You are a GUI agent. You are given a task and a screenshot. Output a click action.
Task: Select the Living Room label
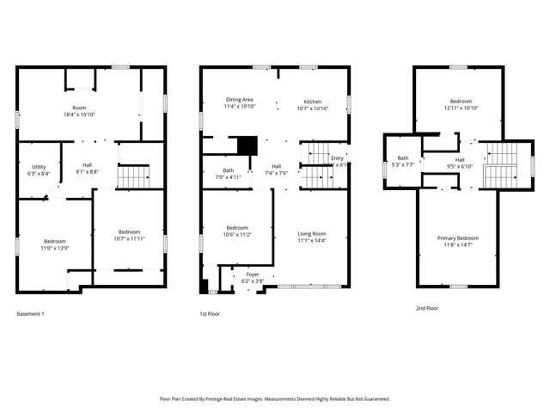312,233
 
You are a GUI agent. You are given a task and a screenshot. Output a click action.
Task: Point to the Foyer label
253,274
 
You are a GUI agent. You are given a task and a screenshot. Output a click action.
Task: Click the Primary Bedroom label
457,237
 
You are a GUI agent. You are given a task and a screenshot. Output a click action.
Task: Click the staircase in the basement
133,177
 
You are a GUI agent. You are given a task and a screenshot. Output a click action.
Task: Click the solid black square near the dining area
247,145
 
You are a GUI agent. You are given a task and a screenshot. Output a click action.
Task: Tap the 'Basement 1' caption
30,314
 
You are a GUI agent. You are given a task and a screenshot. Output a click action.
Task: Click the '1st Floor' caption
210,314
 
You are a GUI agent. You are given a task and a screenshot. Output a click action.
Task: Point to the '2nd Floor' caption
426,307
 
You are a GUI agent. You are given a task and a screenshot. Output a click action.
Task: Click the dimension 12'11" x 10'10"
461,108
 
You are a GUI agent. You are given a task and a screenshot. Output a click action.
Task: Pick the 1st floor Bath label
228,170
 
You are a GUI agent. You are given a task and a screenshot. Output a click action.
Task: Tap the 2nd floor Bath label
402,158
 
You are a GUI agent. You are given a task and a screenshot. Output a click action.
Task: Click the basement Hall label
87,165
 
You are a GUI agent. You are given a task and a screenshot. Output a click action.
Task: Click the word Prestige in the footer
235,399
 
